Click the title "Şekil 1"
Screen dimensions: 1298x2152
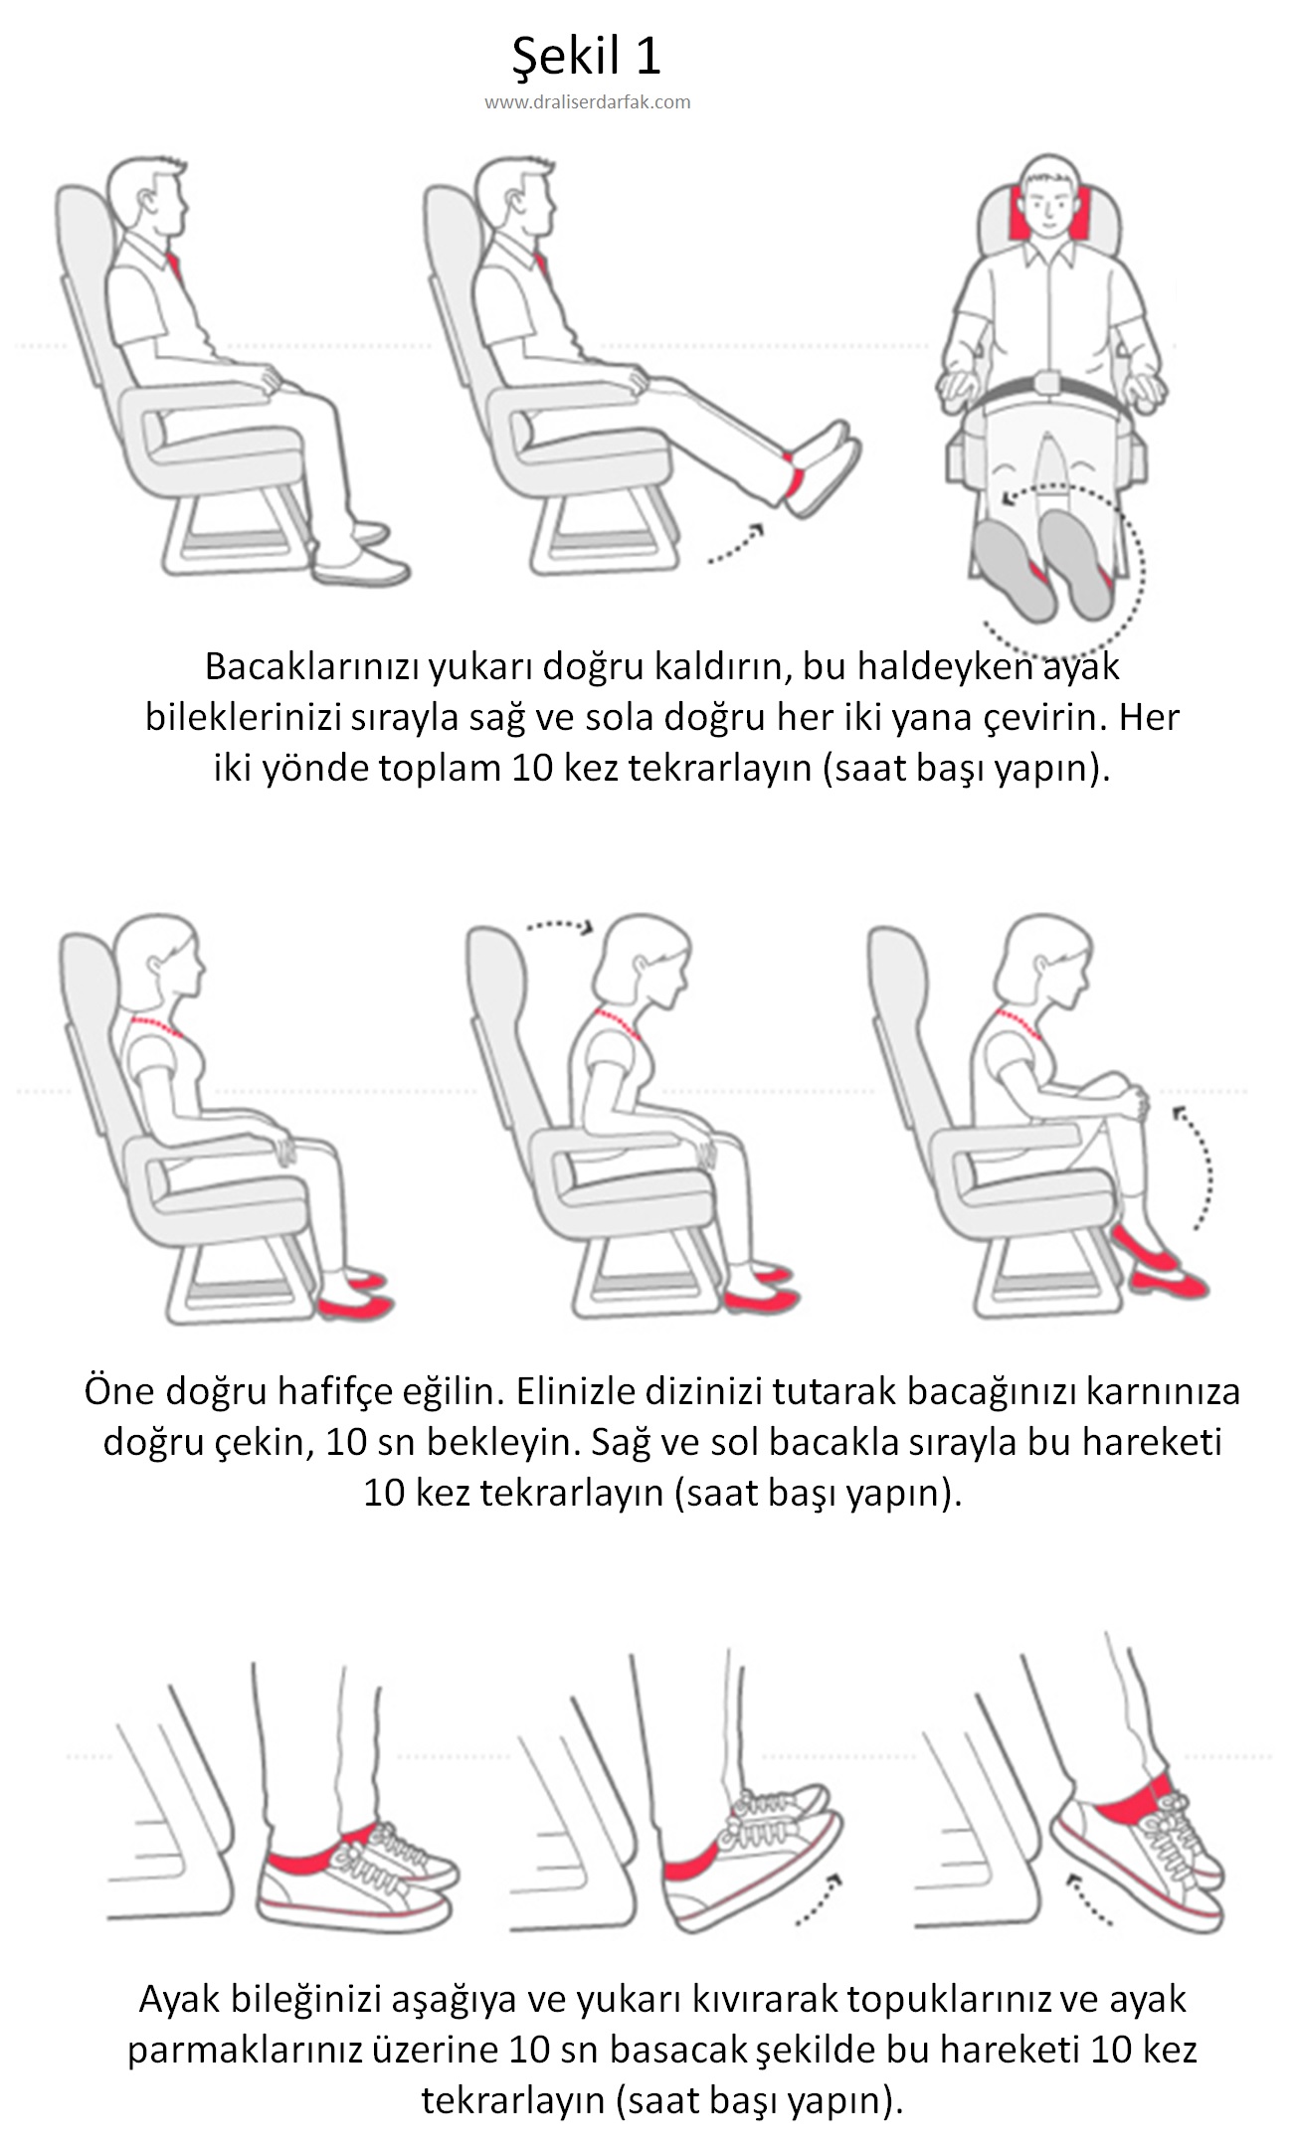tap(586, 57)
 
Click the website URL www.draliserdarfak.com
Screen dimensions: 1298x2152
tap(588, 101)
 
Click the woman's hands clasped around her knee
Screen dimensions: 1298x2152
tap(1134, 1099)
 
